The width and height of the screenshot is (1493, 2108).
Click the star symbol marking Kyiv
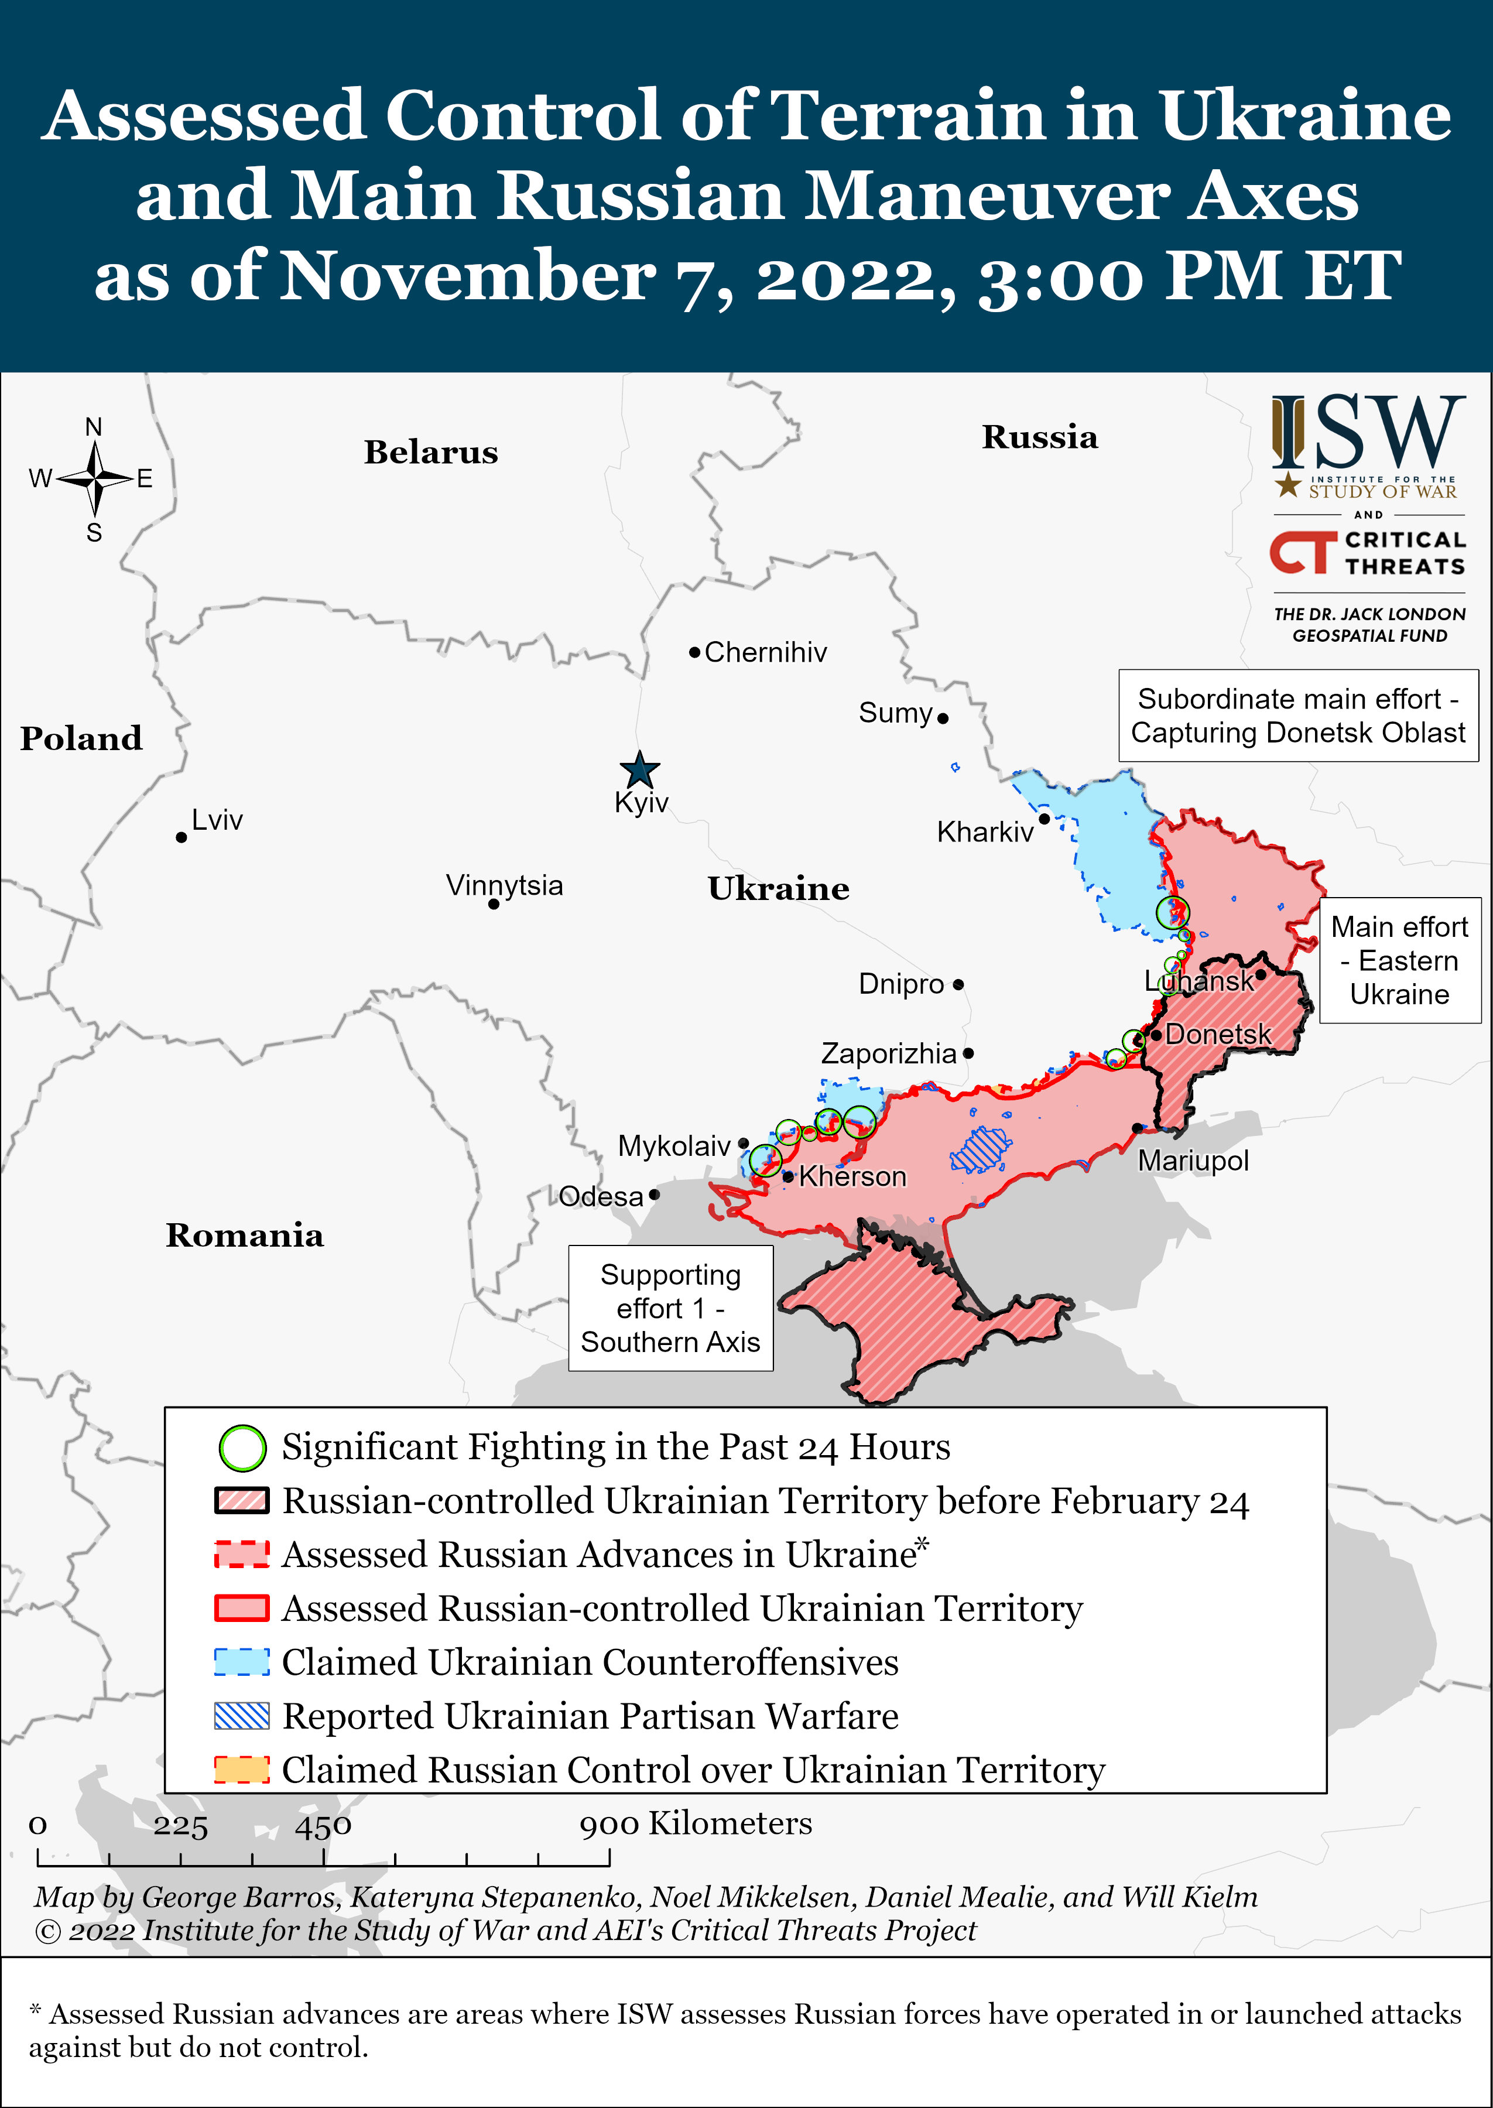(639, 769)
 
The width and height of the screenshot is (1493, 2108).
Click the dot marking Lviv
(181, 837)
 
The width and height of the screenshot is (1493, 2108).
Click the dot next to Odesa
(653, 1195)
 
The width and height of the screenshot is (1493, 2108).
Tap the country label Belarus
(430, 451)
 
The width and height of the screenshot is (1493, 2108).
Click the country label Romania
(245, 1235)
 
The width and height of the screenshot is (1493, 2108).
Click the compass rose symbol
(95, 478)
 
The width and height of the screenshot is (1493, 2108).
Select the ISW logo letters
(1368, 432)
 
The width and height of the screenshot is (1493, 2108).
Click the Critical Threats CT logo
(1303, 552)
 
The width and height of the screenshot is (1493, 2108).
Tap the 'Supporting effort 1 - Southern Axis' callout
(670, 1308)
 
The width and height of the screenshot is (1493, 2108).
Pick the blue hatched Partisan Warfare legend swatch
(242, 1716)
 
